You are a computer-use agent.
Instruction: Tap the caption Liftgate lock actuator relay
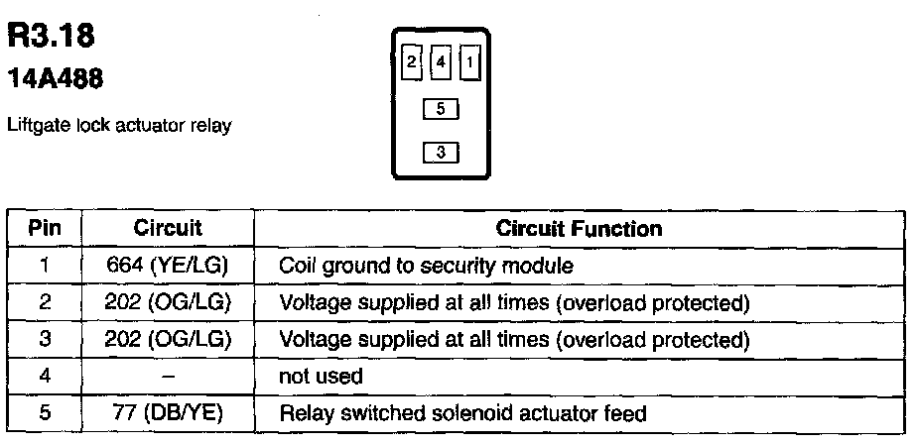point(119,127)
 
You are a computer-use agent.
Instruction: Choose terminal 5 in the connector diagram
point(441,109)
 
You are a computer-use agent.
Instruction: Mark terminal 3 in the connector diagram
point(441,153)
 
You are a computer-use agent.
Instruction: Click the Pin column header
point(45,229)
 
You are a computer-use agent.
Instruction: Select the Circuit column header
point(168,229)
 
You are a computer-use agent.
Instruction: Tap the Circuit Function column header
point(580,229)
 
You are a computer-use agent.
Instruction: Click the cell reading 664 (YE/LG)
point(168,266)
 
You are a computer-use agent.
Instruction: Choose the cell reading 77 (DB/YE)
point(168,413)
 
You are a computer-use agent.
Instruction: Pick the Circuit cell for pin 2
point(168,302)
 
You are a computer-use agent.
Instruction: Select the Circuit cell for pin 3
point(168,339)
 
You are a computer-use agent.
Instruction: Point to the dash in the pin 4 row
point(168,377)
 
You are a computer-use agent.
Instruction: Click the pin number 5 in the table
point(45,413)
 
